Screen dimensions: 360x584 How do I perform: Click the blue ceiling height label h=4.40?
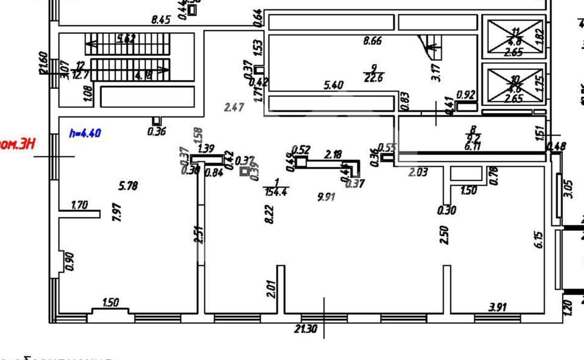coord(85,133)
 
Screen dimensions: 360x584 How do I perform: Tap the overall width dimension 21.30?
coord(305,328)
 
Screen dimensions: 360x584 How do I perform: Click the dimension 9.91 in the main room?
coord(326,197)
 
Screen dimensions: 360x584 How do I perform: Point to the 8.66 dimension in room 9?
coord(372,42)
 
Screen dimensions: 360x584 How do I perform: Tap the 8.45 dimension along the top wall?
coord(161,20)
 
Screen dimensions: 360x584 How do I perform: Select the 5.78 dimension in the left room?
coord(128,186)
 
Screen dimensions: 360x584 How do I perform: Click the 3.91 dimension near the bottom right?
coord(497,308)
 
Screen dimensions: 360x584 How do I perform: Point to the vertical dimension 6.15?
coord(539,241)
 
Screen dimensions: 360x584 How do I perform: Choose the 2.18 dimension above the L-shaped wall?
coord(332,155)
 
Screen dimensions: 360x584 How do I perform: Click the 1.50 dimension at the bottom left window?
coord(110,303)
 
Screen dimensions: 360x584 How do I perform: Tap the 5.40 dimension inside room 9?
coord(333,85)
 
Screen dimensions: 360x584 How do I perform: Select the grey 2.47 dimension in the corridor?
coord(234,107)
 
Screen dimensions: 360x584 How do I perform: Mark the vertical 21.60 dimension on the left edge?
coord(44,63)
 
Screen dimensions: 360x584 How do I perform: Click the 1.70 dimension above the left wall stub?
coord(79,205)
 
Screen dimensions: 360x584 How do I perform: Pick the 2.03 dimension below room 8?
coord(418,172)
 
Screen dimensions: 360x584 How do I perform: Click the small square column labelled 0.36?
coord(157,121)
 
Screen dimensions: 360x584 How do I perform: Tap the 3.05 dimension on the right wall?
coord(568,188)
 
